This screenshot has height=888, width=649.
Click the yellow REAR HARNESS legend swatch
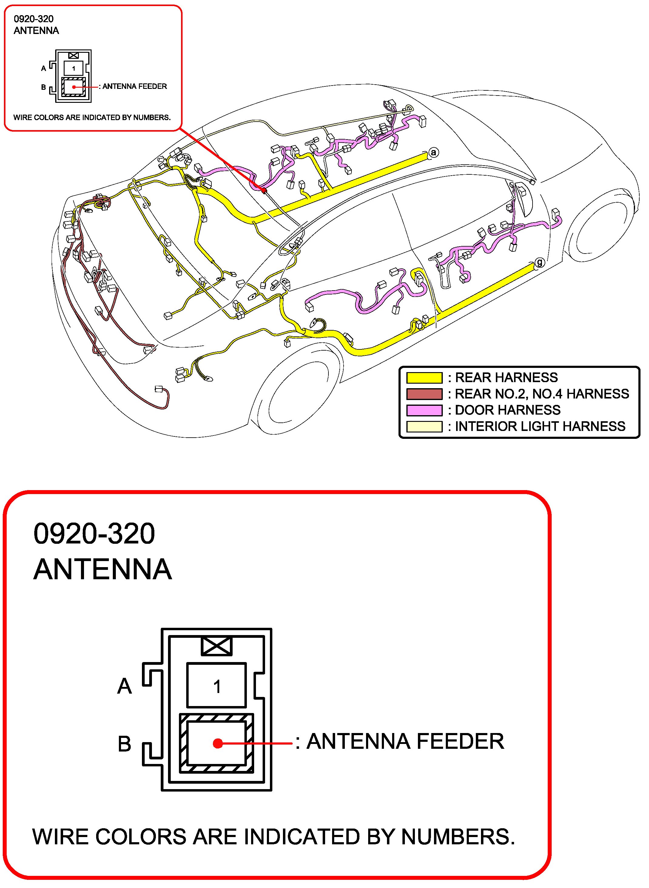pyautogui.click(x=424, y=378)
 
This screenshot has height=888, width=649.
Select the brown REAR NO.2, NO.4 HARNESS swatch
pyautogui.click(x=424, y=394)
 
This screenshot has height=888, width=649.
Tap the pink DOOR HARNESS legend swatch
pyautogui.click(x=424, y=410)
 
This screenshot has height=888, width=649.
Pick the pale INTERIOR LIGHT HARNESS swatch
pyautogui.click(x=424, y=426)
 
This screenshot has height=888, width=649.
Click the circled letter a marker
pyautogui.click(x=433, y=153)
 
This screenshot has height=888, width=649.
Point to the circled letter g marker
pyautogui.click(x=540, y=262)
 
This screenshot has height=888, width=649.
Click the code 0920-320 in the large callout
pyautogui.click(x=94, y=533)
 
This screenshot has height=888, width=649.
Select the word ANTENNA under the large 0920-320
pyautogui.click(x=103, y=569)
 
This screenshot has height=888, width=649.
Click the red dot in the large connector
pyautogui.click(x=218, y=743)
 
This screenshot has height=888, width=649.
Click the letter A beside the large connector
pyautogui.click(x=125, y=686)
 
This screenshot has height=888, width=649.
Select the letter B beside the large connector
pyautogui.click(x=125, y=744)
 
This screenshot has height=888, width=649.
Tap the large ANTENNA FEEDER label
pyautogui.click(x=405, y=742)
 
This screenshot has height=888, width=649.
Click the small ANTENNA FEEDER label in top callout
pyautogui.click(x=134, y=86)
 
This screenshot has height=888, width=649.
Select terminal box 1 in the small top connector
pyautogui.click(x=73, y=68)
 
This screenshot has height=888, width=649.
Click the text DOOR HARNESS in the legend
pyautogui.click(x=508, y=410)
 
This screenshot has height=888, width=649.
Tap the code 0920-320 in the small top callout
pyautogui.click(x=34, y=19)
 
